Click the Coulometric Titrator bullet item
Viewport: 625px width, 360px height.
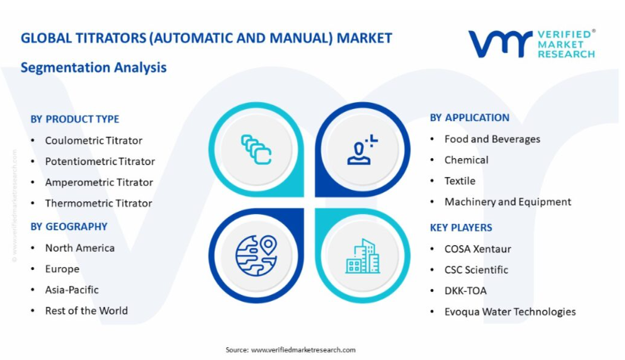click(x=94, y=141)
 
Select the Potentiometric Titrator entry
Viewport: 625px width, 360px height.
click(x=100, y=161)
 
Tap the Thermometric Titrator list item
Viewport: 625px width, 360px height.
click(x=98, y=203)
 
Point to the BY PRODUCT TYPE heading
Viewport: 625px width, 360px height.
click(x=75, y=119)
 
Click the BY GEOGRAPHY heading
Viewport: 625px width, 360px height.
click(x=69, y=226)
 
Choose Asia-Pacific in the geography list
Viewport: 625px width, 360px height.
click(x=72, y=290)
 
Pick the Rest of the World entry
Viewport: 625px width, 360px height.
click(x=86, y=311)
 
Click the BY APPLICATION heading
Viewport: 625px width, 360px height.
click(x=469, y=118)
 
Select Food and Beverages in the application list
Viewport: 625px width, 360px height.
click(x=492, y=138)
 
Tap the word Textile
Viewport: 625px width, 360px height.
click(x=460, y=181)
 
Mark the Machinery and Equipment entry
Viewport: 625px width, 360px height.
click(x=508, y=202)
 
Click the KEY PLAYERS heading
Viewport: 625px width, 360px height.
click(x=461, y=228)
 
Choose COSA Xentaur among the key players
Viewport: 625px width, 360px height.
click(x=478, y=249)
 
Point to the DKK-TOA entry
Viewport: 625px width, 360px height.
click(x=466, y=290)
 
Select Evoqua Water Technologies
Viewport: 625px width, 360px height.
click(x=510, y=312)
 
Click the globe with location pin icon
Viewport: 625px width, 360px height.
click(x=256, y=256)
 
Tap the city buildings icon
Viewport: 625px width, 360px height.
click(x=362, y=256)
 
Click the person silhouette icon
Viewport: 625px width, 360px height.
click(x=361, y=150)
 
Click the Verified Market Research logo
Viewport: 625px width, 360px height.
click(x=532, y=43)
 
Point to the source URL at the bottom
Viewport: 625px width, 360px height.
click(x=303, y=349)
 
